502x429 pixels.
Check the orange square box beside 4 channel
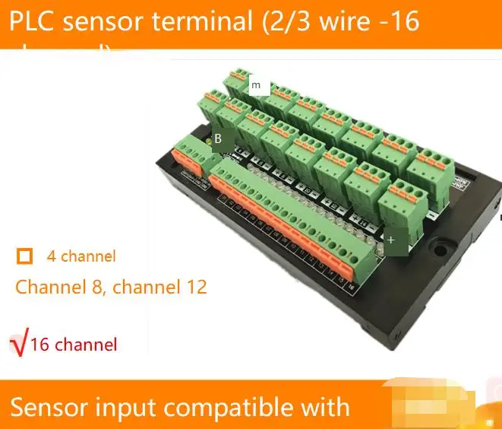pyautogui.click(x=25, y=256)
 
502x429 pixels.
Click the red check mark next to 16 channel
pyautogui.click(x=18, y=345)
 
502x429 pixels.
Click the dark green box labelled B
pyautogui.click(x=218, y=139)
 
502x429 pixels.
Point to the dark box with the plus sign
pyautogui.click(x=391, y=240)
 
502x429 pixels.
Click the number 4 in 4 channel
pyautogui.click(x=51, y=256)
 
